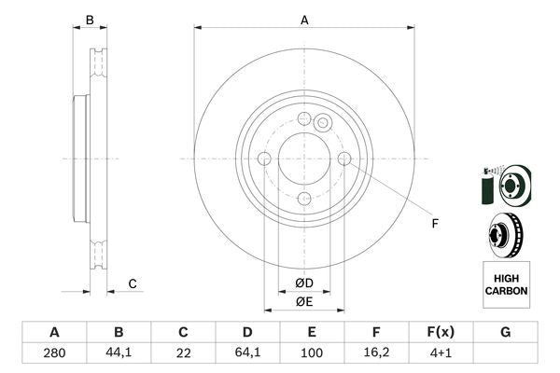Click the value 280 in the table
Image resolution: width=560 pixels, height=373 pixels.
tap(54, 353)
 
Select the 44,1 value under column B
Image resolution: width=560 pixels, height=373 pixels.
tap(119, 353)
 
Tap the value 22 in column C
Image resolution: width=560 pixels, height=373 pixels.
tap(183, 353)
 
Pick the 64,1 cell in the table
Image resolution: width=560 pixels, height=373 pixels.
tap(247, 353)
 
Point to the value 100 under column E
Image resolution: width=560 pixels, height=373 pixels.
tap(312, 353)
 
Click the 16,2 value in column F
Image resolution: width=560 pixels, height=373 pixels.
tap(376, 353)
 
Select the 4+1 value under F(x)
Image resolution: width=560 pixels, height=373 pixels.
tap(441, 353)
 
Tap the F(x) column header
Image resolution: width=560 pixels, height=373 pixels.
tap(441, 332)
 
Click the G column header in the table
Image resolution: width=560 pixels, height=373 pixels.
tap(505, 332)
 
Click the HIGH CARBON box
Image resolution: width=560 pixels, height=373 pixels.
tap(506, 284)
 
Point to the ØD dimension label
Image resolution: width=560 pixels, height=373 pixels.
tap(304, 283)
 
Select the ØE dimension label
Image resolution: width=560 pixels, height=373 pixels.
tap(304, 300)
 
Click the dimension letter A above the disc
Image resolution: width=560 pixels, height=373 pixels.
tap(304, 19)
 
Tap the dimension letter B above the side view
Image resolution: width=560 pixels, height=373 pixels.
tap(90, 20)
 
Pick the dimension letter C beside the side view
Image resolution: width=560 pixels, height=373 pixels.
tap(133, 283)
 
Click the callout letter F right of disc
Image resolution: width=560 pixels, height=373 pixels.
tap(434, 223)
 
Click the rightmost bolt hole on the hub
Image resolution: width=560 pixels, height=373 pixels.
tap(344, 159)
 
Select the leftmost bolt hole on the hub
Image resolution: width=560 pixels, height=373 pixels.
tap(264, 159)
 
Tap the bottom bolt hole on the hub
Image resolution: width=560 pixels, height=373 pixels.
tap(304, 199)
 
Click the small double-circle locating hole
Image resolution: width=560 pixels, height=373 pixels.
tap(323, 122)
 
